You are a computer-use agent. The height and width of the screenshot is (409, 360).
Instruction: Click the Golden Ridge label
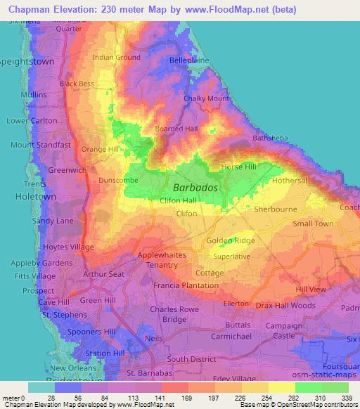(x=231, y=241)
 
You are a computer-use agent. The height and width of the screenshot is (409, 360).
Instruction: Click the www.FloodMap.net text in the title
(x=225, y=9)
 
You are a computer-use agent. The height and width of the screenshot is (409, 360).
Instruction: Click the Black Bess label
(x=77, y=84)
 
